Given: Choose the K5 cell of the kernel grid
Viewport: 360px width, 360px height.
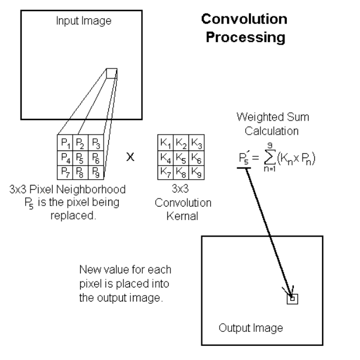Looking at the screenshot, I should click(x=181, y=158).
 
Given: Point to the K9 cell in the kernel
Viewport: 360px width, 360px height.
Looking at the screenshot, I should click(x=196, y=172).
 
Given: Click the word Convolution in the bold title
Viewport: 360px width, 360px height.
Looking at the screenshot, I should click(x=244, y=19).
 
